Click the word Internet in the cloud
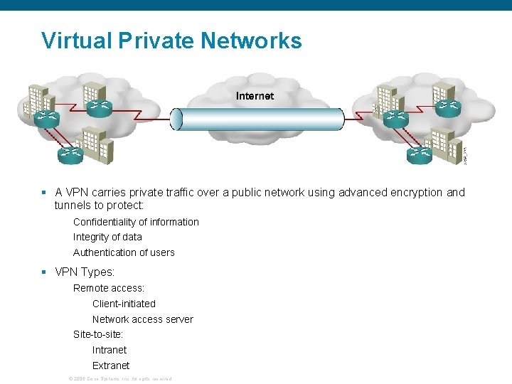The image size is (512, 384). point(255,95)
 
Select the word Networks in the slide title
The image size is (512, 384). point(251,41)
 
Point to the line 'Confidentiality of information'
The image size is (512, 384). point(136,222)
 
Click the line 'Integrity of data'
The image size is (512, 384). point(107,237)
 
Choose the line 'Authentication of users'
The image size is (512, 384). point(124,252)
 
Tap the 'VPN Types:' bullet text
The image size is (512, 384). point(84,272)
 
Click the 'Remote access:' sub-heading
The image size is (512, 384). point(109,288)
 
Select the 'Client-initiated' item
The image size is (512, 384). point(124,304)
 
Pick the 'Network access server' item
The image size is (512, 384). point(142,319)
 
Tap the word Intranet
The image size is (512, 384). point(110,350)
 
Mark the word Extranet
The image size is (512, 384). point(111,366)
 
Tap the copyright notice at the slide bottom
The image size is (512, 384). point(119,378)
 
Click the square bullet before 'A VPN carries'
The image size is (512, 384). point(44,192)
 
